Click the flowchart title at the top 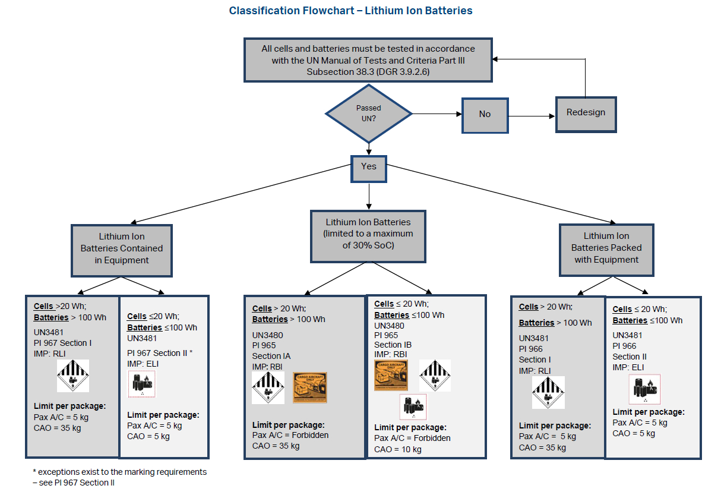click(x=350, y=11)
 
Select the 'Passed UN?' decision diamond click(x=368, y=113)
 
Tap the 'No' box click(x=485, y=114)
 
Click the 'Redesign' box click(x=585, y=113)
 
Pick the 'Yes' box click(x=368, y=167)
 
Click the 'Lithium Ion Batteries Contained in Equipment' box click(x=122, y=248)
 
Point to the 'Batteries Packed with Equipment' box click(x=606, y=248)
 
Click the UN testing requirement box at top click(x=368, y=60)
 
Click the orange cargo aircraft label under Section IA click(x=310, y=387)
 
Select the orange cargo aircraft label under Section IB click(x=391, y=376)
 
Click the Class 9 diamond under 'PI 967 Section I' click(x=73, y=376)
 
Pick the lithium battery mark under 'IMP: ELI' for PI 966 click(x=644, y=389)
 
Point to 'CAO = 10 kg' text click(x=398, y=449)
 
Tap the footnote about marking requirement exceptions click(x=119, y=477)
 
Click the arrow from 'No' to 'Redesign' click(x=532, y=115)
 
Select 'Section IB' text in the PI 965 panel click(x=393, y=345)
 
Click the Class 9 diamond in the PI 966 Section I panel click(x=548, y=392)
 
